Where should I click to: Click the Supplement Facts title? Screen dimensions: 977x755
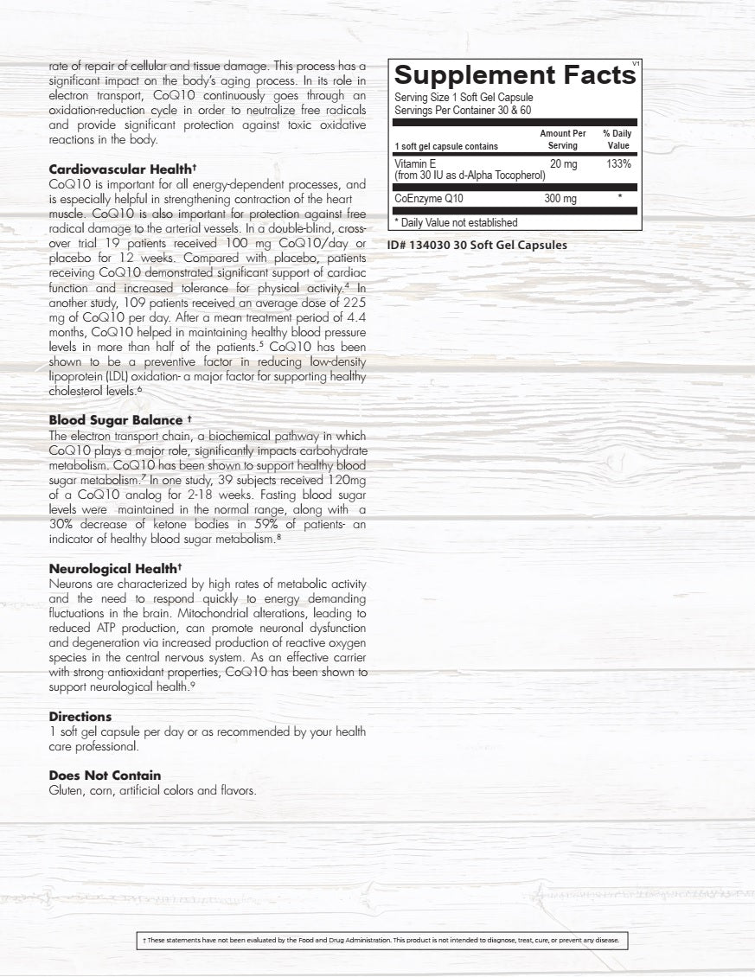(515, 75)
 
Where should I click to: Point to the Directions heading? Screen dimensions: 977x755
(80, 717)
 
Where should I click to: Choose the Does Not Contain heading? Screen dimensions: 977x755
(105, 776)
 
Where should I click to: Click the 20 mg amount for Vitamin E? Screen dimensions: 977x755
(563, 163)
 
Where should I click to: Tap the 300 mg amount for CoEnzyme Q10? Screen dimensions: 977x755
(560, 199)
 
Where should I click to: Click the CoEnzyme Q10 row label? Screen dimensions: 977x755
(430, 200)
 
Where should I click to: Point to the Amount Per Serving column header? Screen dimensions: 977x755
(563, 140)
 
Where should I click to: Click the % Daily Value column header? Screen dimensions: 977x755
(617, 140)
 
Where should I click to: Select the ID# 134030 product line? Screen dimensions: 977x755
(477, 245)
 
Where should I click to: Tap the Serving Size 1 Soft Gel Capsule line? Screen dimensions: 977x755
(464, 98)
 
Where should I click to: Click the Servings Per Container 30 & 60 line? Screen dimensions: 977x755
(462, 110)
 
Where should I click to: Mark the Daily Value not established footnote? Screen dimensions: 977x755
(456, 222)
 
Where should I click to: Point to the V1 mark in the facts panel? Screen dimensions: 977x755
(636, 63)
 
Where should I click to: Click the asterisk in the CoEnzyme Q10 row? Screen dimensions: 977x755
(620, 199)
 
